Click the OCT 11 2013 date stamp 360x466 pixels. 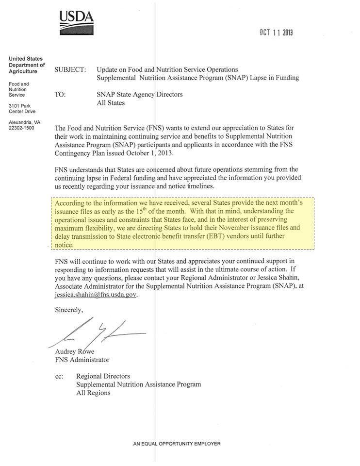pos(276,33)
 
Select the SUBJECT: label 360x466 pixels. pos(70,70)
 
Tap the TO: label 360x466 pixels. pos(61,95)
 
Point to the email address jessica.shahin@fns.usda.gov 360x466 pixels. pos(96,295)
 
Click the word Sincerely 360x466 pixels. pos(69,310)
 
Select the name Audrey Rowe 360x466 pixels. pos(75,352)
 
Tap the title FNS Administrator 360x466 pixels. pos(82,360)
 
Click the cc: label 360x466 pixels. pos(59,376)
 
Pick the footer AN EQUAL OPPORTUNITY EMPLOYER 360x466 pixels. pos(177,444)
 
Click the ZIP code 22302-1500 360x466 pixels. pos(22,128)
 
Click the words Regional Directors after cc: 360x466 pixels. pos(103,376)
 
